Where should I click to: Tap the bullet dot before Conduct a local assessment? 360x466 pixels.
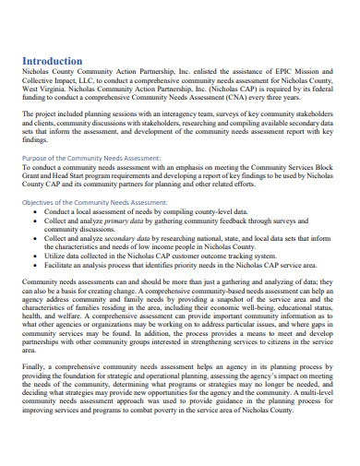pyautogui.click(x=35, y=211)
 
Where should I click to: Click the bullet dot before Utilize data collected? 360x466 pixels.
pyautogui.click(x=35, y=257)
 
